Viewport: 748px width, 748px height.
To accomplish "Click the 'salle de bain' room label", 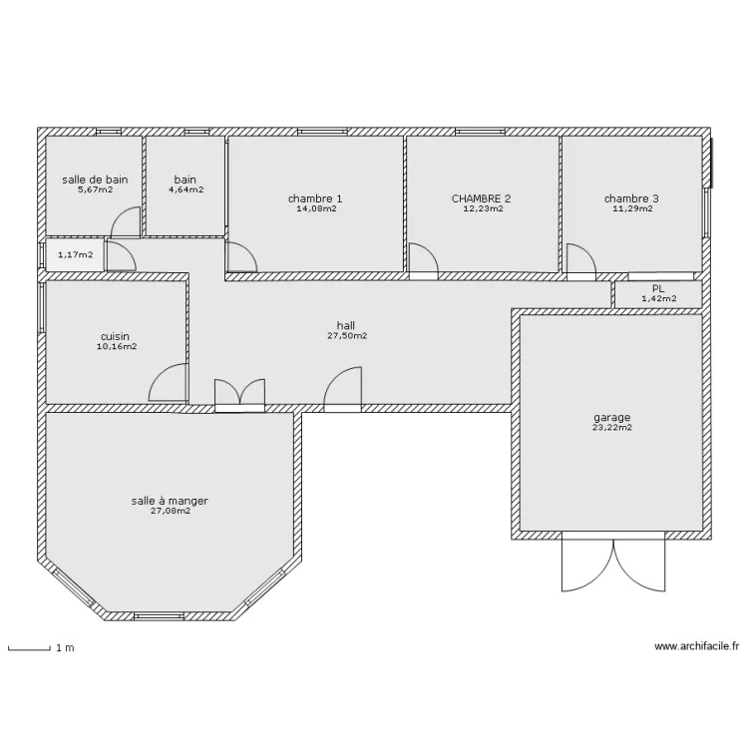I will click(95, 180).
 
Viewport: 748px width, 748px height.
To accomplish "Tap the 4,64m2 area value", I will click(186, 189).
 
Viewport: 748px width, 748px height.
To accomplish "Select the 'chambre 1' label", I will click(315, 198).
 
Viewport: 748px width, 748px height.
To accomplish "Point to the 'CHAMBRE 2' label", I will click(481, 198).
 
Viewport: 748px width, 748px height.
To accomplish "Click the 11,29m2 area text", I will click(631, 208).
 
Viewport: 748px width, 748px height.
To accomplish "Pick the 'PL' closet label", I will click(658, 287).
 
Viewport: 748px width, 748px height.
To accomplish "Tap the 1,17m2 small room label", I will click(75, 255).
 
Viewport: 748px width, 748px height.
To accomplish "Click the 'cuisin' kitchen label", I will click(117, 337).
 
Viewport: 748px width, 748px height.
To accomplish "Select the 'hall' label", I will click(346, 325).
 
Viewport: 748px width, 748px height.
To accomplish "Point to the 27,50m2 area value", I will click(346, 336).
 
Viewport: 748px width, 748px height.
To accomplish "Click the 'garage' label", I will click(611, 418).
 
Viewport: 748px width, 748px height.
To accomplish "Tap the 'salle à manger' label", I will click(170, 501).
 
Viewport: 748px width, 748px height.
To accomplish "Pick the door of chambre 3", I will click(581, 258).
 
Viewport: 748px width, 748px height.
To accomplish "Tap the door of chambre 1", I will click(242, 257).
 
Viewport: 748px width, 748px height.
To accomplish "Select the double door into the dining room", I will click(239, 393).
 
